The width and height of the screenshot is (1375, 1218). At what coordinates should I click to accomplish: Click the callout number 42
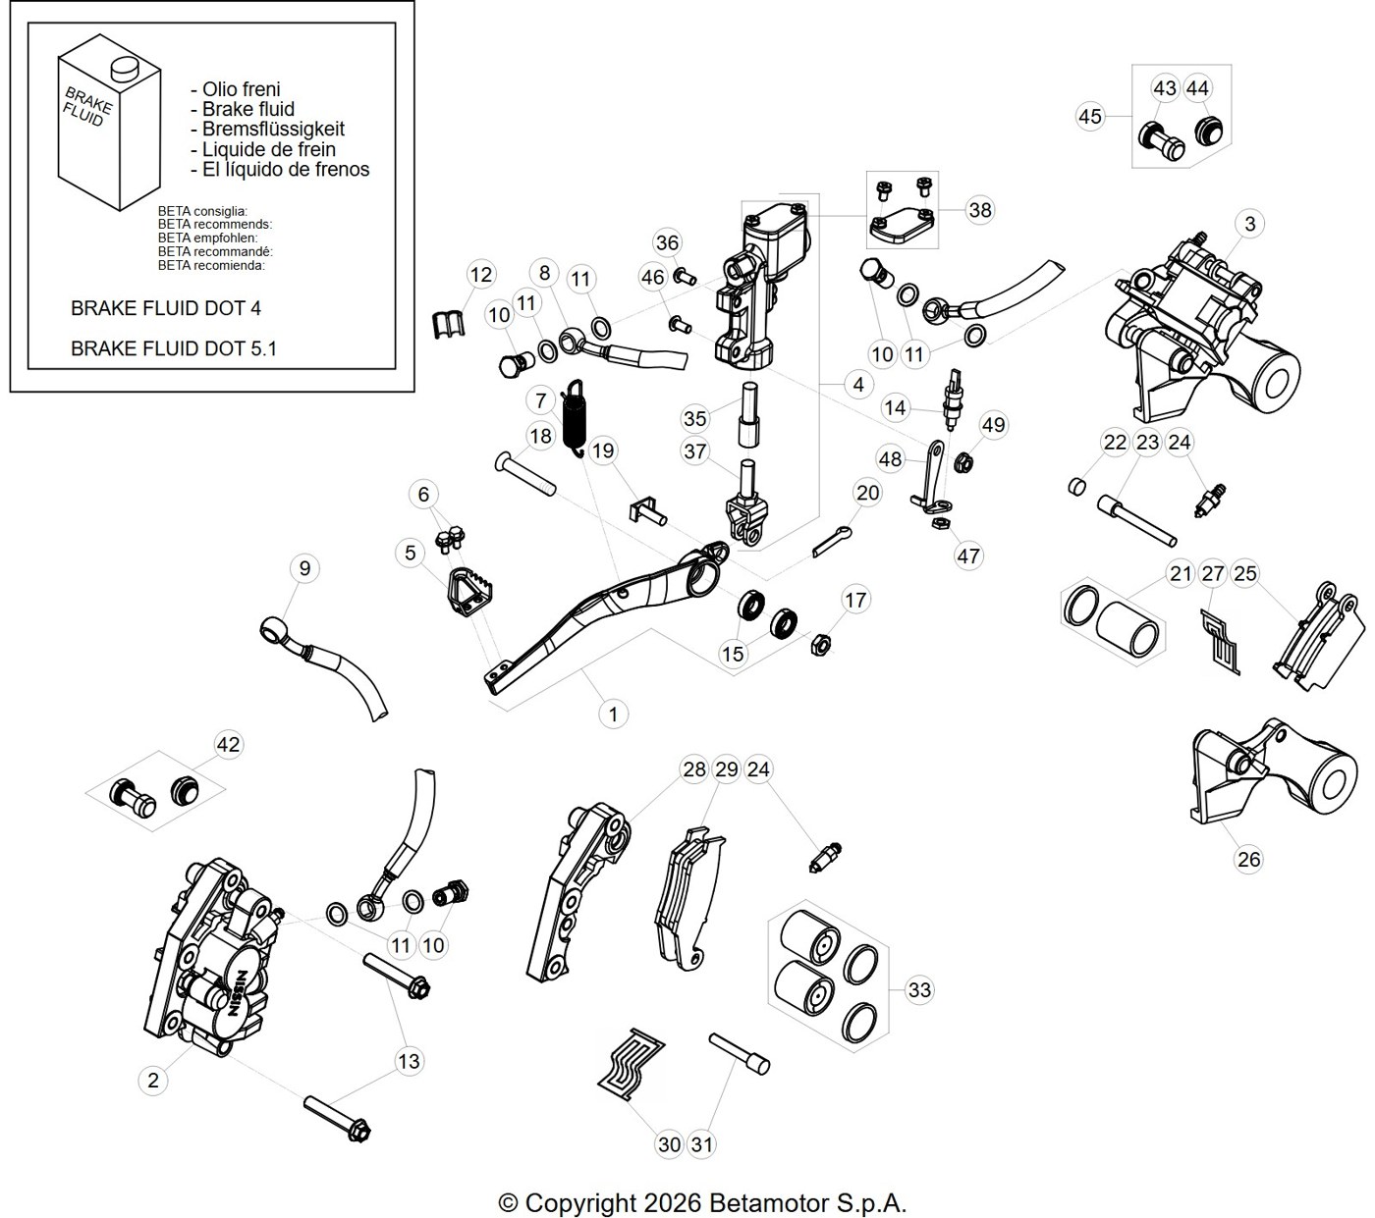[x=228, y=744]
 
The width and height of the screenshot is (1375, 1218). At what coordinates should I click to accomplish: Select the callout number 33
[x=919, y=989]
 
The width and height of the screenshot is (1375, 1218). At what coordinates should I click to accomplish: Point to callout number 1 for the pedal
[x=614, y=715]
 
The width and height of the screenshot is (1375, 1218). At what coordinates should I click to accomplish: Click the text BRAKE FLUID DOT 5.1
[x=174, y=348]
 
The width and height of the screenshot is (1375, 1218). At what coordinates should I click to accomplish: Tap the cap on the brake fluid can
[x=123, y=67]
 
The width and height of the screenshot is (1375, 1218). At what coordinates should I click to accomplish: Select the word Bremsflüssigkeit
[x=273, y=129]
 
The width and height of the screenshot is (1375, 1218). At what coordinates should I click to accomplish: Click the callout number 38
[x=980, y=210]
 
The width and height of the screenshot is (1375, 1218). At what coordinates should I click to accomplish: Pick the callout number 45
[x=1090, y=117]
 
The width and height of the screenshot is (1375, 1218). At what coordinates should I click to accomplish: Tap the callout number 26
[x=1248, y=859]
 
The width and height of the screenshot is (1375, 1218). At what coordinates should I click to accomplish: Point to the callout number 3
[x=1250, y=224]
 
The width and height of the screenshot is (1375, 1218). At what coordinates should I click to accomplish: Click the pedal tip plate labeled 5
[x=472, y=593]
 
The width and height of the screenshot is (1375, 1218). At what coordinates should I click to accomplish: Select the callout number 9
[x=304, y=568]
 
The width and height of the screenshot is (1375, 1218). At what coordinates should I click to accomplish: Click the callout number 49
[x=994, y=425]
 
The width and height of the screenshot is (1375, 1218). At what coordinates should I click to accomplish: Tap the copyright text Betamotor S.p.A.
[x=807, y=1203]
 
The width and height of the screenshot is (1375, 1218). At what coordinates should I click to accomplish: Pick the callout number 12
[x=481, y=275]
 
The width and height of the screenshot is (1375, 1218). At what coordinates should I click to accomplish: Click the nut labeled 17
[x=819, y=644]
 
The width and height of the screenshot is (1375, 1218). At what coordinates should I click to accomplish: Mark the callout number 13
[x=409, y=1061]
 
